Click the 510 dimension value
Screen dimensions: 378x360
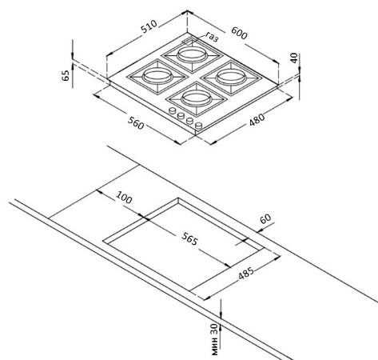tap(149, 26)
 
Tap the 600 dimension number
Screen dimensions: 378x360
tap(239, 33)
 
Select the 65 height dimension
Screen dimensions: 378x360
tap(66, 75)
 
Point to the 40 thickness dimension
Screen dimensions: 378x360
tap(293, 58)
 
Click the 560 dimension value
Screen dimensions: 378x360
tap(136, 123)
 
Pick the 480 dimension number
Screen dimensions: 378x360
tap(257, 120)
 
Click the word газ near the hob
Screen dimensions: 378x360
tap(212, 37)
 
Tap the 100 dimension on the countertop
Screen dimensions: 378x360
tap(124, 198)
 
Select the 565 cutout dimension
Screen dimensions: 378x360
tap(189, 238)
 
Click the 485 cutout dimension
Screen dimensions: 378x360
tap(246, 273)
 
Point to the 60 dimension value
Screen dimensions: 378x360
tap(265, 218)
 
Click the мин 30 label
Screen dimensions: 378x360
tap(215, 339)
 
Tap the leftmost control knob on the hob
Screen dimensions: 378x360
tap(173, 110)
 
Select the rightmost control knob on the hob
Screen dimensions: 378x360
tap(199, 125)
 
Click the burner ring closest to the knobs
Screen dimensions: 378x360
tap(196, 98)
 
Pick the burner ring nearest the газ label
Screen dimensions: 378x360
tap(191, 55)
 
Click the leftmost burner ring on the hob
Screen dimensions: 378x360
tap(157, 76)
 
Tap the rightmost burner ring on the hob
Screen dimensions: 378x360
tap(230, 78)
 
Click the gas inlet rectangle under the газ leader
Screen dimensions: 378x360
tap(189, 41)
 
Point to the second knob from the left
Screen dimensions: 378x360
tap(181, 115)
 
